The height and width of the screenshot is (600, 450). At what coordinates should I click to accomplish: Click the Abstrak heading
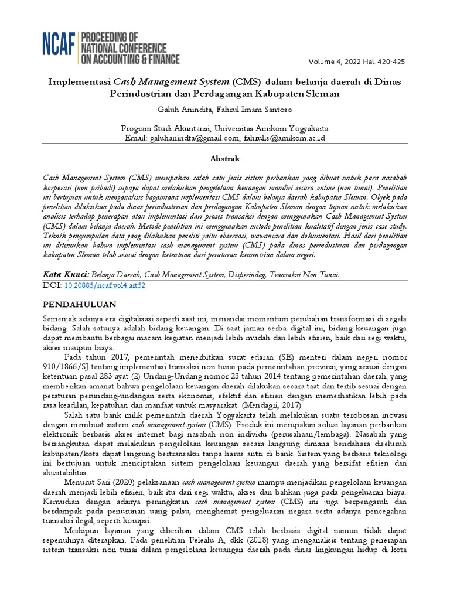224,159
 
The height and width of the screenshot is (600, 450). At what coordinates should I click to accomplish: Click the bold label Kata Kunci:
66,274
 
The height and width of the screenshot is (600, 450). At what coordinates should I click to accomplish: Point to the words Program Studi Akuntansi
166,128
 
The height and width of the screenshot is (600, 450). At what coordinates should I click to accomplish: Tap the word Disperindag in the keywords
243,274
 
